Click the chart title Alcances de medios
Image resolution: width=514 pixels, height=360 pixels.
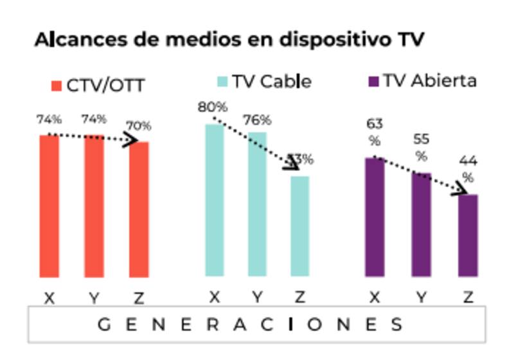point(229,39)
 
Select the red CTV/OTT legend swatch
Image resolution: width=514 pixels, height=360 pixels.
point(56,85)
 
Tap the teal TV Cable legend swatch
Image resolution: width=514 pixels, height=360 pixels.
point(222,82)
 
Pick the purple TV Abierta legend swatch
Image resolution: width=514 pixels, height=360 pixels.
point(373,82)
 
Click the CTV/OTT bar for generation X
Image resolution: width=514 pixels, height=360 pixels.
point(49,206)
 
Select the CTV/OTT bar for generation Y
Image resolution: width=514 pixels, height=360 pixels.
point(94,206)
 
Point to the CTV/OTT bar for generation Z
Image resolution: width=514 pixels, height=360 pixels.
point(139,210)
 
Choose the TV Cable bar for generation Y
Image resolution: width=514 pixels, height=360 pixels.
point(257,204)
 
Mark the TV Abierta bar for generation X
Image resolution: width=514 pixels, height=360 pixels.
point(375,217)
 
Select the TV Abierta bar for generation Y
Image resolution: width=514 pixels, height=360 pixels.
point(421,225)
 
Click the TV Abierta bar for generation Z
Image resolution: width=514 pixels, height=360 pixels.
point(468,235)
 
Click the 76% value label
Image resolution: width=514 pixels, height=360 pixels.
point(256,120)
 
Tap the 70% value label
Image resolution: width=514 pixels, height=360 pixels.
point(139,125)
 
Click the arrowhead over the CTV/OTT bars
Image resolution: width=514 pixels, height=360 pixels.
point(132,140)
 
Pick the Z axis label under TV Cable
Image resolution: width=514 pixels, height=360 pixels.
point(299,297)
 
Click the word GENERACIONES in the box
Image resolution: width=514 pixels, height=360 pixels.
point(251,324)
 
